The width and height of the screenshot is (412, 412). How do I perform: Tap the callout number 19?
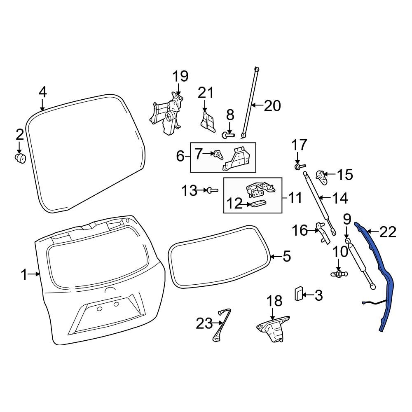click(x=180, y=76)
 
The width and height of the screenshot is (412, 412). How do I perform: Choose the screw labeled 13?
click(x=212, y=190)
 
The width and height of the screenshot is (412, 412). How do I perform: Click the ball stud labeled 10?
click(x=339, y=272)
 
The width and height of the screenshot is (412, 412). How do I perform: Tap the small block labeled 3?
click(x=299, y=294)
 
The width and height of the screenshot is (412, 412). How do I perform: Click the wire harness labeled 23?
click(x=221, y=325)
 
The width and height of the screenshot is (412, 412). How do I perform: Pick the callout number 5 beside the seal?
click(x=287, y=257)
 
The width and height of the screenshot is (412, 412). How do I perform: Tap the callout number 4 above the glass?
click(x=42, y=92)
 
